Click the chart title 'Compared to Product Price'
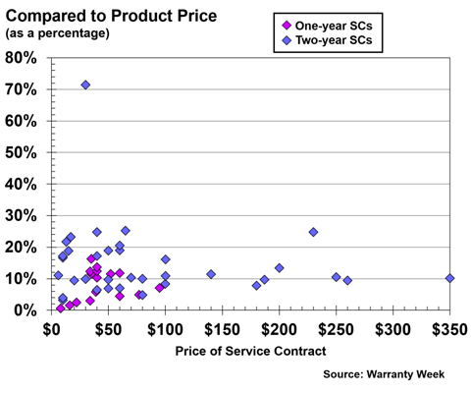click(x=110, y=14)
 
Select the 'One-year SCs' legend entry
click(x=339, y=25)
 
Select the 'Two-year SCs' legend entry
click(x=339, y=40)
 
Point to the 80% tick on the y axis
click(x=22, y=58)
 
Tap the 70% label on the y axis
click(x=22, y=89)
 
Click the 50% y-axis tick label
click(x=22, y=152)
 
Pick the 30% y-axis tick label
click(x=22, y=215)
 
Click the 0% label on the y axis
click(x=26, y=310)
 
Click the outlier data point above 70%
click(x=85, y=85)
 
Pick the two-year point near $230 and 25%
click(x=313, y=232)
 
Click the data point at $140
click(x=211, y=274)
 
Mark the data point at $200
click(x=280, y=268)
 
